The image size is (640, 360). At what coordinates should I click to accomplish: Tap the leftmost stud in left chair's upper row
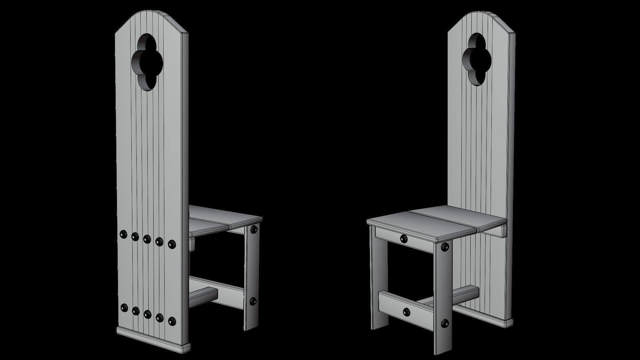tap(123, 235)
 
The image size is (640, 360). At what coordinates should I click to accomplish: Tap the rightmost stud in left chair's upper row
tap(172, 244)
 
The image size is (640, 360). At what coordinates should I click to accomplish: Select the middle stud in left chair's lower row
tap(147, 314)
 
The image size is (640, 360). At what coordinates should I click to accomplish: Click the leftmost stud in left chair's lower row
tap(124, 308)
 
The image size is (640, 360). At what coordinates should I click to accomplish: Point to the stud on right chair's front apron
tap(404, 238)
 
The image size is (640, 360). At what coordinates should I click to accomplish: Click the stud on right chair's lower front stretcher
tap(406, 312)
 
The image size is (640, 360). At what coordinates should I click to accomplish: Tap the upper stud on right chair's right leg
tap(445, 247)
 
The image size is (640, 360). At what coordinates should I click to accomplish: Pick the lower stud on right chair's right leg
tap(445, 323)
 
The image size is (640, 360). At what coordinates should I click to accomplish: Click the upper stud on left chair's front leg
tap(254, 229)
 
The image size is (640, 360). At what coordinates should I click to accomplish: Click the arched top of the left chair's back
tap(150, 20)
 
